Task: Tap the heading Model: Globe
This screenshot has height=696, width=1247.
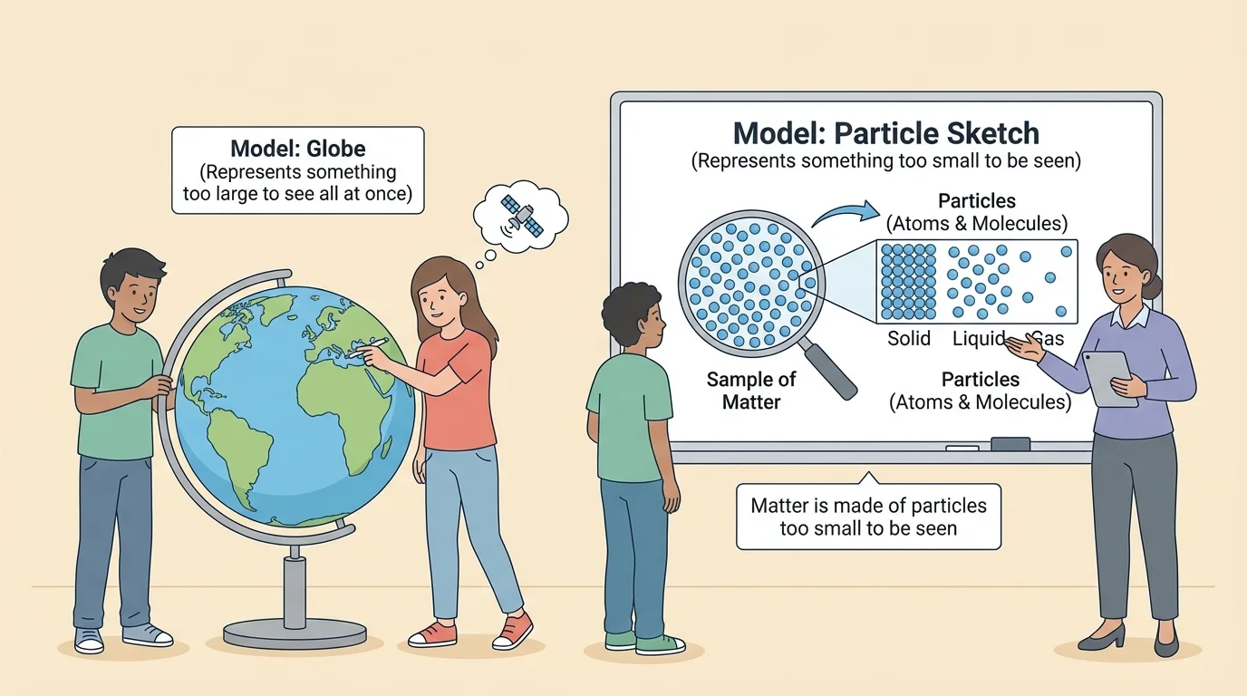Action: (x=297, y=149)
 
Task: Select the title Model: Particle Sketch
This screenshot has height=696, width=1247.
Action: (x=885, y=133)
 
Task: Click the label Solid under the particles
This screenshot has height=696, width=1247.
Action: (x=909, y=339)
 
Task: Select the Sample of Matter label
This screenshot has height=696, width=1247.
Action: (x=751, y=391)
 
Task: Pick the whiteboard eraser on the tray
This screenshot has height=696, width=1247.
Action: (x=1010, y=444)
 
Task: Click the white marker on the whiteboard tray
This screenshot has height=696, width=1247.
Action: (x=957, y=448)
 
